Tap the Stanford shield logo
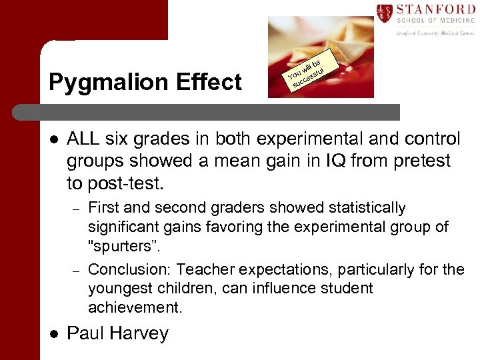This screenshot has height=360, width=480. point(385,13)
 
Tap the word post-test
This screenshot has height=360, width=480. point(129,183)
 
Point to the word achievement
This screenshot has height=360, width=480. point(134,307)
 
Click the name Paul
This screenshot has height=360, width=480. point(87,333)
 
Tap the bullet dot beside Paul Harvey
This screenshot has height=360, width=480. point(53,333)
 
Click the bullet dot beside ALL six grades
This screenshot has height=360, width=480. point(53,139)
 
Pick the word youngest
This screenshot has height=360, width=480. point(117,289)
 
